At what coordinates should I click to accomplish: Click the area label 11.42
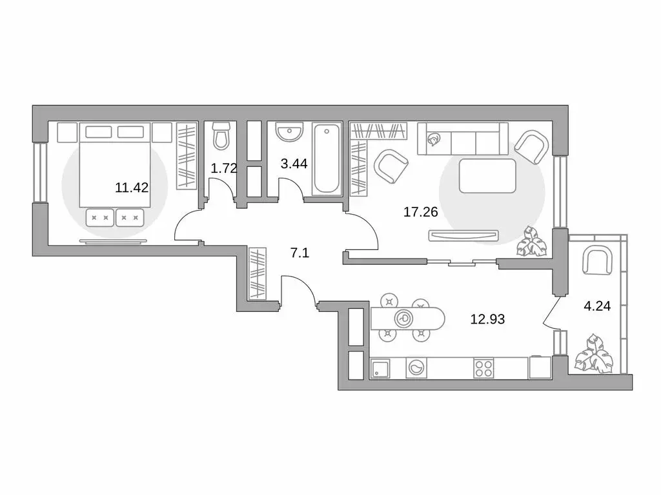pos(132,188)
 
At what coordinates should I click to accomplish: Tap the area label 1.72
pos(224,169)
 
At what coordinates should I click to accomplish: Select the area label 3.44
pos(294,163)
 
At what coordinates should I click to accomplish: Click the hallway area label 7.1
pos(299,253)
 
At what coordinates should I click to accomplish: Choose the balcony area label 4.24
pos(596,307)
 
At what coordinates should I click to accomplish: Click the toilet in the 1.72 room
pos(221,136)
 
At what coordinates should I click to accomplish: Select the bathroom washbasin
pos(289,133)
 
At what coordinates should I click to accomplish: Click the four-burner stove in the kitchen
pos(483,368)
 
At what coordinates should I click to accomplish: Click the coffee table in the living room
pos(487,175)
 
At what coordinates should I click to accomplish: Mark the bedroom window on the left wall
pos(41,173)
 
